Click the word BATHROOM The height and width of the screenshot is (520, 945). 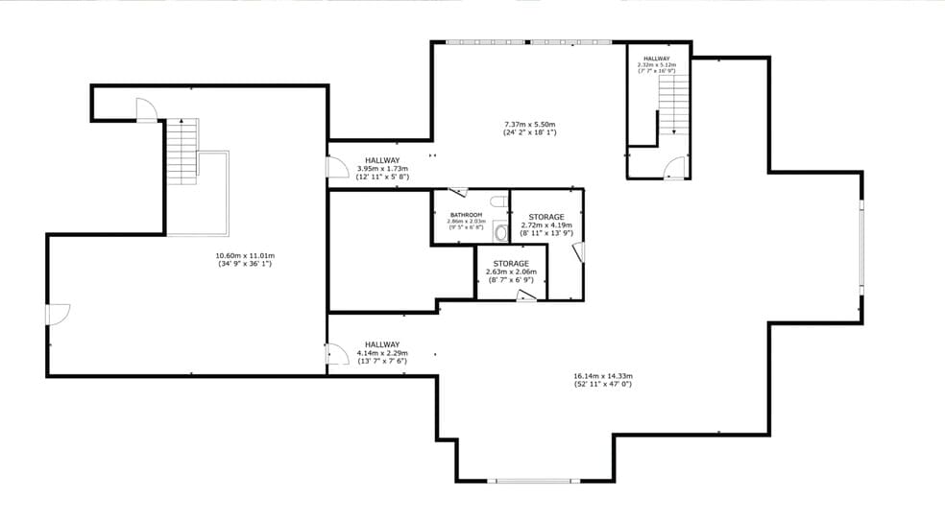pos(466,215)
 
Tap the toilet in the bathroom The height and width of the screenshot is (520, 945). pos(497,201)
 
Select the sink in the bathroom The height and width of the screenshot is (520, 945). pos(500,232)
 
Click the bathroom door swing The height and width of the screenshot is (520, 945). pos(458,192)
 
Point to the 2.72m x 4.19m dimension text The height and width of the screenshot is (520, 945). pos(546,225)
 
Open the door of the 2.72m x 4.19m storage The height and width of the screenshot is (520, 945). pos(577,252)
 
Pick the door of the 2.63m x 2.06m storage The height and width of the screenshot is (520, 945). pos(525,297)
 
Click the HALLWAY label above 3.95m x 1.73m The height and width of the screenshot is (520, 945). pos(382,160)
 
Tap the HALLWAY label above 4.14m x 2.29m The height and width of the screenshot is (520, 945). pos(382,344)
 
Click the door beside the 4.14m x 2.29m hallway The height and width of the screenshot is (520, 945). pos(337,355)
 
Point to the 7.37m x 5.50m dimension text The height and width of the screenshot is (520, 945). pos(530,124)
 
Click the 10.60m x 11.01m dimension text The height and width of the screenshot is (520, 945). pos(245,255)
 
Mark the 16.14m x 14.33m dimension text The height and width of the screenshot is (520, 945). pos(603,376)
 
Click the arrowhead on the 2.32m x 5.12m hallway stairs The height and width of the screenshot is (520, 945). pos(674,132)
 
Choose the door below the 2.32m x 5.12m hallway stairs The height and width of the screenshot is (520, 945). pos(675,168)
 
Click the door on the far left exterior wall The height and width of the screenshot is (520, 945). pos(58,315)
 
